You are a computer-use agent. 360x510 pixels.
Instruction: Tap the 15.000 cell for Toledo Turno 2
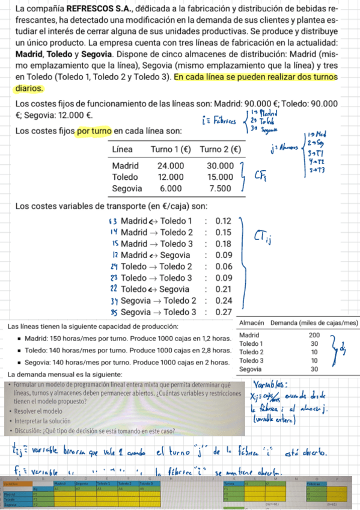coord(219,177)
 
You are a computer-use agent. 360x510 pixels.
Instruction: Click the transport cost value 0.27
coord(224,312)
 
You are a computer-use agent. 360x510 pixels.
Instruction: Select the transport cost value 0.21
coord(224,289)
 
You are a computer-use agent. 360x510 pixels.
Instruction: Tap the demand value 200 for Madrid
coord(314,335)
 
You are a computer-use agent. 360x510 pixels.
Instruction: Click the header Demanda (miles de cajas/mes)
coord(314,323)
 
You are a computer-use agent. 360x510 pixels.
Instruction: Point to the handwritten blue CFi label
coord(263,175)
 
